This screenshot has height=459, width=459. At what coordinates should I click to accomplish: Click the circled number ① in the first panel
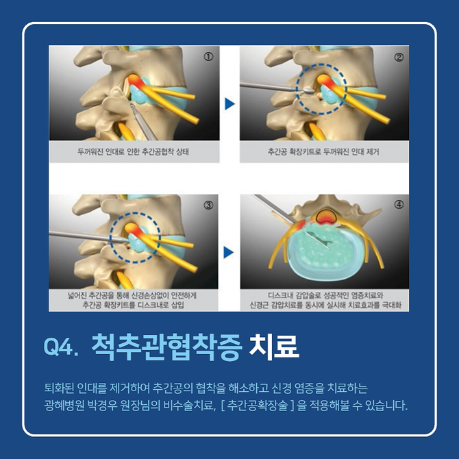[208, 56]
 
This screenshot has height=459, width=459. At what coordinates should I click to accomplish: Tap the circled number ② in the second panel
[399, 57]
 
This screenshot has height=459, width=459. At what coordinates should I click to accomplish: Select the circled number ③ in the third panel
[208, 205]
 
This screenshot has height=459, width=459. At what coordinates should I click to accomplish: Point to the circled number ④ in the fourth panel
[399, 204]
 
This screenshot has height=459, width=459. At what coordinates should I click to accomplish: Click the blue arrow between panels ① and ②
[229, 104]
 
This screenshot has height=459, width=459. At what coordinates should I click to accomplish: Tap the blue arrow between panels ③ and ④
[229, 252]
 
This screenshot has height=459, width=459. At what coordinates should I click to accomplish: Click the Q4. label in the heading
[61, 347]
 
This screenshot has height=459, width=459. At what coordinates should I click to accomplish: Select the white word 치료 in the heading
[274, 347]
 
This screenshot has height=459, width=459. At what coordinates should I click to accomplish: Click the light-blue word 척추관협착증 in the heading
[166, 347]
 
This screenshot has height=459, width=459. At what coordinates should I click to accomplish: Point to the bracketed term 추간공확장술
[258, 406]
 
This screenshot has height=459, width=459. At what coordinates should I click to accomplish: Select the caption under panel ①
[133, 151]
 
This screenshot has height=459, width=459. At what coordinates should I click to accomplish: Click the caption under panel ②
[323, 151]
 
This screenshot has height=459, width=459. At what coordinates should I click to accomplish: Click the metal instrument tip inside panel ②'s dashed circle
[308, 90]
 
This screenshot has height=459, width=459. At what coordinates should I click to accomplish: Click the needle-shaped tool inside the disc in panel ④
[319, 240]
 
